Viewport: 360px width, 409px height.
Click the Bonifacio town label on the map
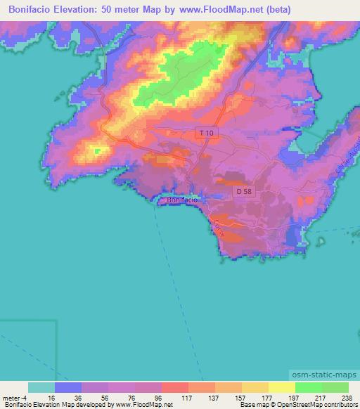183,200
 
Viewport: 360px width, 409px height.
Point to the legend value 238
347,397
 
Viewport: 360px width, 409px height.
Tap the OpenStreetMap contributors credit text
316,405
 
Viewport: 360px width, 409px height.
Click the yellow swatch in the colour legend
282,387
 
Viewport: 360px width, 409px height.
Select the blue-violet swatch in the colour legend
68,387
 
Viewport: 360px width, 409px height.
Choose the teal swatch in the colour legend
41,387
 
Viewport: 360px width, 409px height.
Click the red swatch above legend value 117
175,387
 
